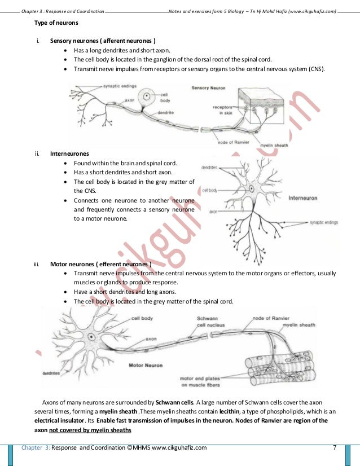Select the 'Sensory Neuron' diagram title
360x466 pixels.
pos(208,88)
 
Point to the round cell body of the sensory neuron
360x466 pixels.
pos(146,96)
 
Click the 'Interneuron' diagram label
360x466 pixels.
pos(302,198)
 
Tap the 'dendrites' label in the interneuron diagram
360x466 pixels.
pos(209,168)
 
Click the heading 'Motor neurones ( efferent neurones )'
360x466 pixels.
pos(100,263)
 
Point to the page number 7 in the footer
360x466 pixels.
pos(335,448)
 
